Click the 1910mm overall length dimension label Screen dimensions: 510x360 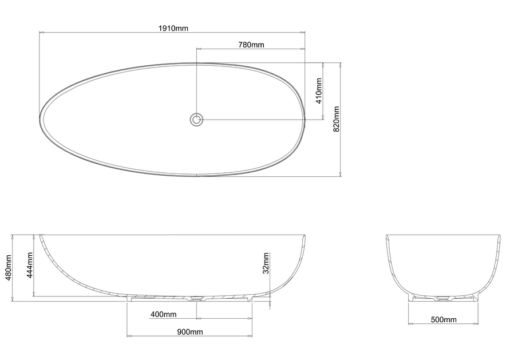click(x=173, y=28)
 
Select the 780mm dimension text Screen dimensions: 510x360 click(x=251, y=45)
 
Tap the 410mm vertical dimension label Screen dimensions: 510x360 click(x=319, y=91)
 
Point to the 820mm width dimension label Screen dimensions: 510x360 click(x=337, y=119)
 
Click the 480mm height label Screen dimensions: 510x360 click(x=9, y=267)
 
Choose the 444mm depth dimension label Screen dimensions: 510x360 click(x=30, y=265)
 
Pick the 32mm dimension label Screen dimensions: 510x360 click(x=266, y=263)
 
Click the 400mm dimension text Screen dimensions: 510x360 click(x=163, y=314)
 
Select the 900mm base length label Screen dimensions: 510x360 click(x=190, y=332)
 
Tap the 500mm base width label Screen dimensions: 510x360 click(x=444, y=320)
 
